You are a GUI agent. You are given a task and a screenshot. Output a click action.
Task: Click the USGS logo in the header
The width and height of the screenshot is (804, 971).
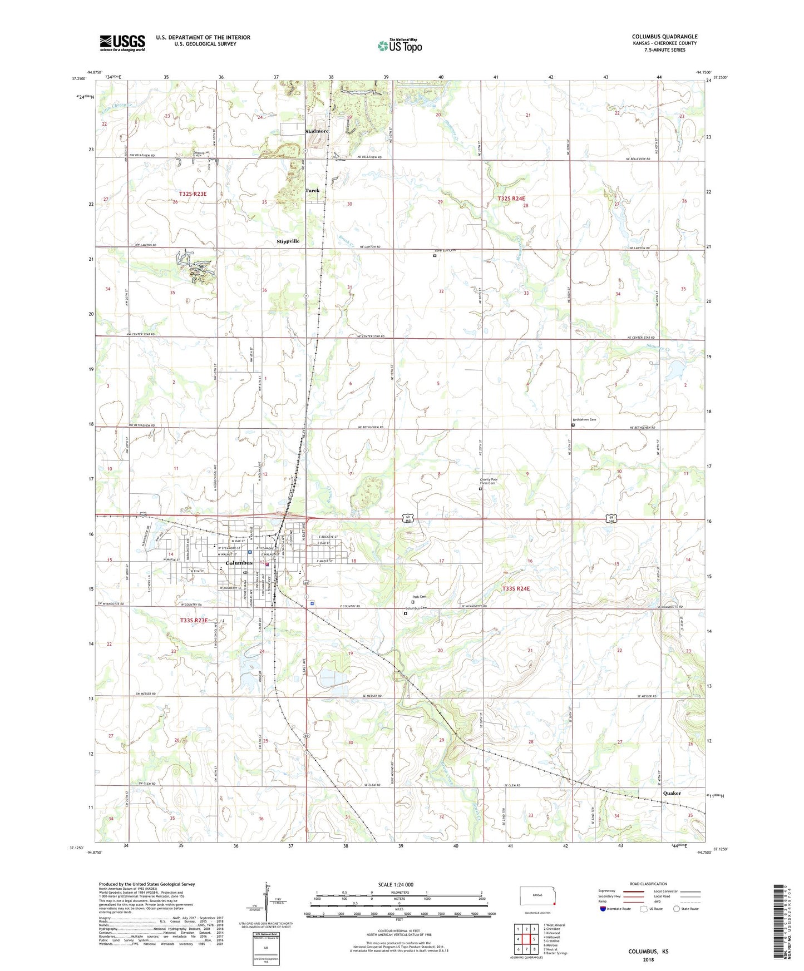[x=122, y=43]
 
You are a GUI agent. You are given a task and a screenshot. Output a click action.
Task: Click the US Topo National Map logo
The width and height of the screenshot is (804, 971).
[x=399, y=45]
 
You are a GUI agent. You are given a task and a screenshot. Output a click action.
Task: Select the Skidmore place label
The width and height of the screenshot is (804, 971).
[x=317, y=131]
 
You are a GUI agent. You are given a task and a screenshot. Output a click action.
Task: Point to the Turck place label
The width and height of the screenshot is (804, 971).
[x=312, y=190]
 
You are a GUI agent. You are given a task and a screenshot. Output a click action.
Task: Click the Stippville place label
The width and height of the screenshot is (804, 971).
[x=288, y=241]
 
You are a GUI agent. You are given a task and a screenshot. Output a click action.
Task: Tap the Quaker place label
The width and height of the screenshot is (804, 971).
[x=672, y=793]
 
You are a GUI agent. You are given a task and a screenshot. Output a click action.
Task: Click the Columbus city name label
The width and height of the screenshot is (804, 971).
[x=239, y=563]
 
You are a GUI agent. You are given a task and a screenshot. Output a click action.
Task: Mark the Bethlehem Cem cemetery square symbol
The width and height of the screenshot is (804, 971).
[x=573, y=425]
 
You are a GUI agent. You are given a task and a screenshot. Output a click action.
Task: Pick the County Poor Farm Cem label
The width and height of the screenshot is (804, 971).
[x=487, y=482]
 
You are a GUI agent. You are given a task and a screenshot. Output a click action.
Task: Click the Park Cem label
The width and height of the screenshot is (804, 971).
[x=419, y=597]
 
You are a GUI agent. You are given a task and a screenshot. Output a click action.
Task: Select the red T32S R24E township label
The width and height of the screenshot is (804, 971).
[x=511, y=198]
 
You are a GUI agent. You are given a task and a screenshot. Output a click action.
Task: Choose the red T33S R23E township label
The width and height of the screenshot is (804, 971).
[x=194, y=620]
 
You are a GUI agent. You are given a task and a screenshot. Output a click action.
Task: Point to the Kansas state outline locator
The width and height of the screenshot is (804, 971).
[x=536, y=896]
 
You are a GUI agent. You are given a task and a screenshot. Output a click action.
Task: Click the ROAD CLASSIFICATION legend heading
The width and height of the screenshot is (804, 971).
[x=648, y=884]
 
